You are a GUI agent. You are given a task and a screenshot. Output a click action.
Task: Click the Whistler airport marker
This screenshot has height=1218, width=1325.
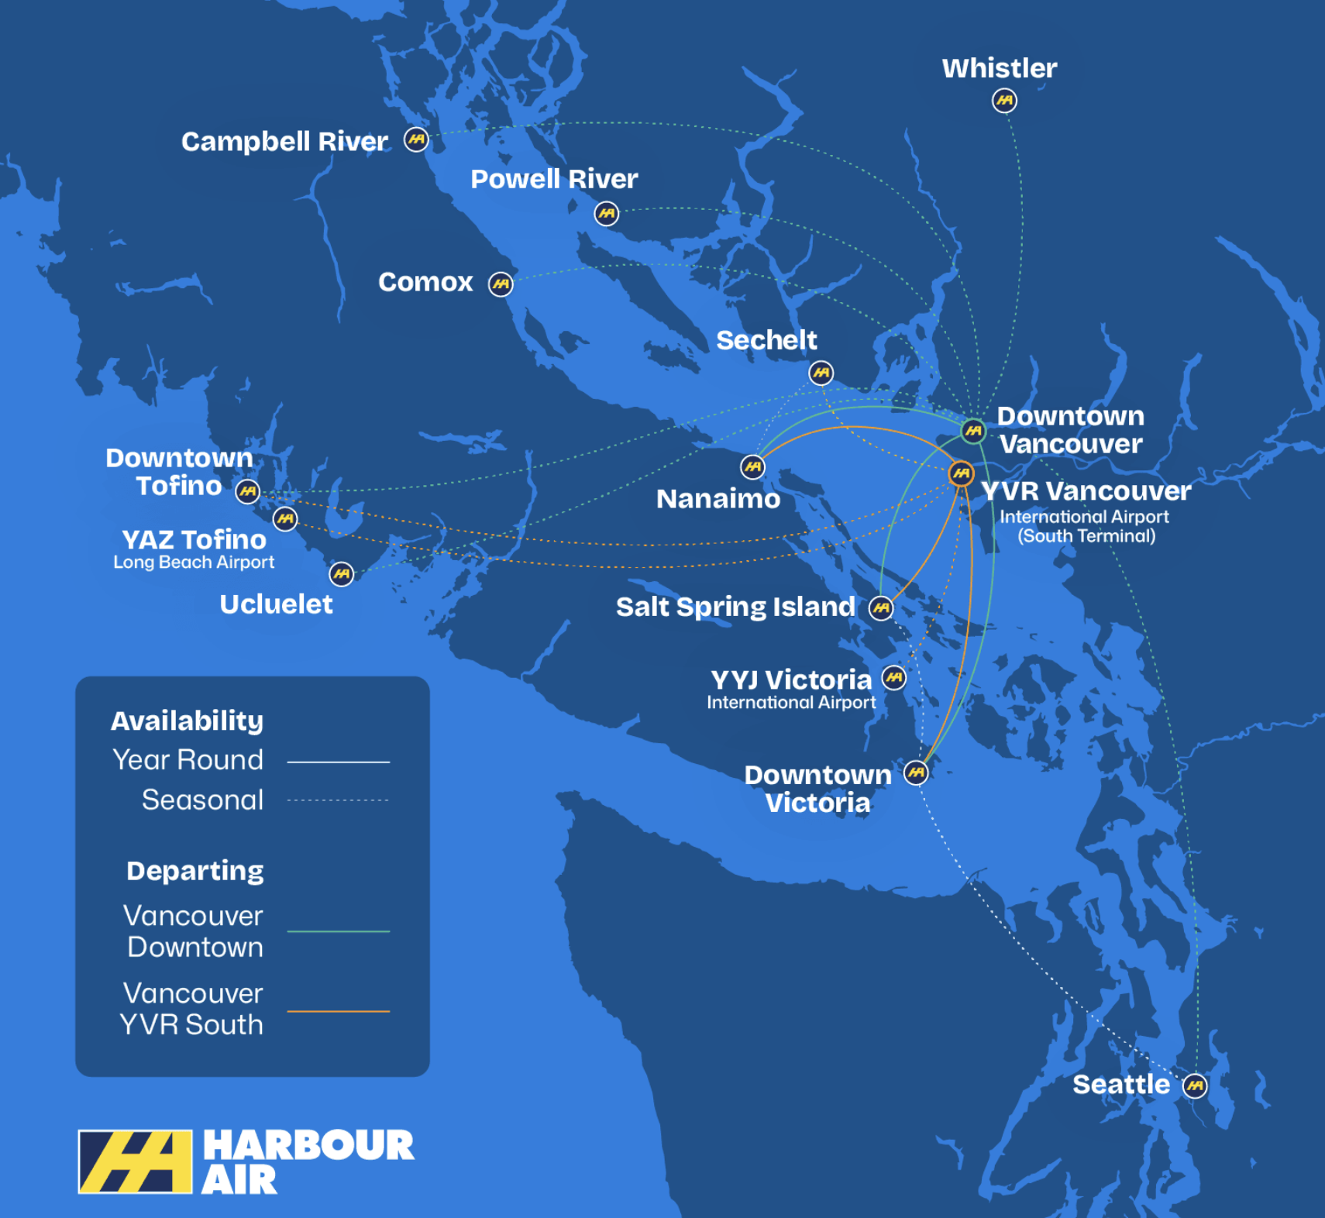1004,101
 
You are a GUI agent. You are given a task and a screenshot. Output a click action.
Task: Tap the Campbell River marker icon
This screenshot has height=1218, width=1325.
416,140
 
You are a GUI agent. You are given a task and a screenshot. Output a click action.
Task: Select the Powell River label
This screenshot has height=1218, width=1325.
554,179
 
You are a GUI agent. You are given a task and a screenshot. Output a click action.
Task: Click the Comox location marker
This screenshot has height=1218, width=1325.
501,284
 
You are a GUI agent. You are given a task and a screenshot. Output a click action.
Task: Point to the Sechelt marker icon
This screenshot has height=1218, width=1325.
821,373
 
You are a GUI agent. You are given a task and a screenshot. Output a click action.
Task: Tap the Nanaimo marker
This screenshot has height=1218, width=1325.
752,466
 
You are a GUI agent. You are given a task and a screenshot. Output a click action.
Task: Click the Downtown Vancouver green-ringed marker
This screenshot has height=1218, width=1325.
973,430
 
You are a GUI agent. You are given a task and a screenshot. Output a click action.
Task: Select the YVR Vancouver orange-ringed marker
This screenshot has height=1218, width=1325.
961,473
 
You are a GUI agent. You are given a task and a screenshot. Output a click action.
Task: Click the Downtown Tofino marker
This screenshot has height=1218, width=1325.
247,491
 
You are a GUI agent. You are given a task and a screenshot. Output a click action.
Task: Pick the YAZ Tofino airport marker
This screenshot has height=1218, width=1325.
285,518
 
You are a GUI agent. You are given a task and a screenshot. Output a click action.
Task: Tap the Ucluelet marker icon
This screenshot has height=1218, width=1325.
341,574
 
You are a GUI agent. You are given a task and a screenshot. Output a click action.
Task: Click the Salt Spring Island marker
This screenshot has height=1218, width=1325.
881,608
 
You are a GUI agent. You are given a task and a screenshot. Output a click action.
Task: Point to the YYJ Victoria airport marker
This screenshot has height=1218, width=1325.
894,678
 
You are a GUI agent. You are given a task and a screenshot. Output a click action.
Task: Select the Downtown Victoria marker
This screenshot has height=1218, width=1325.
916,772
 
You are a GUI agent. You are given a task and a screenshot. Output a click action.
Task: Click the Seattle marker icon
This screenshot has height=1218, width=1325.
1195,1086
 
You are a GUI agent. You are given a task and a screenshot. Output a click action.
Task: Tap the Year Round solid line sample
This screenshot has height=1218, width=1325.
338,762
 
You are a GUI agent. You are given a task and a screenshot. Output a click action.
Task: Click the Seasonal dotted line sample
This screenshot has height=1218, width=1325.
338,800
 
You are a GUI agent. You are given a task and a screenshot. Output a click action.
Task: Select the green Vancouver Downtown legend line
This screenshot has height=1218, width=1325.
338,931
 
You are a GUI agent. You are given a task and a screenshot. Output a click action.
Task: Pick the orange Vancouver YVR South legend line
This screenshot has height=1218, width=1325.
338,1011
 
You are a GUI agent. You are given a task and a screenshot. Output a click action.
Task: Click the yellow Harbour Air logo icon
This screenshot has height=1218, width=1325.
136,1161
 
